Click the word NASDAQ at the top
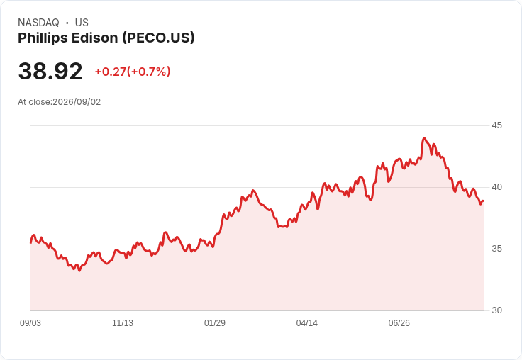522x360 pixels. click(x=38, y=23)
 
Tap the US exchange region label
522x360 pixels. click(x=82, y=23)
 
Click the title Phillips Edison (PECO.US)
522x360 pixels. click(x=106, y=38)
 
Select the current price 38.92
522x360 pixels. click(x=50, y=71)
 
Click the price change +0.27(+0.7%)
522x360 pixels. click(x=133, y=72)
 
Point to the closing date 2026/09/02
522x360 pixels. click(x=77, y=102)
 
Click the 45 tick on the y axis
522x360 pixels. click(x=496, y=125)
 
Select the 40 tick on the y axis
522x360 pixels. click(x=496, y=187)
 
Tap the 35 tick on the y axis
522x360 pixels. click(x=496, y=249)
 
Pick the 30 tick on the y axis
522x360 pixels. click(x=496, y=310)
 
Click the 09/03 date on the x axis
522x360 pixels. click(x=30, y=322)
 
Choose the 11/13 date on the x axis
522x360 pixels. click(x=123, y=322)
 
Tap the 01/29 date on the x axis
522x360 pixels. click(x=215, y=322)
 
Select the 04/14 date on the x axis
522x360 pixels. click(x=306, y=322)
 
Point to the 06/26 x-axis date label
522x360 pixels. click(x=399, y=322)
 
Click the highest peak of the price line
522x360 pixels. click(x=424, y=138)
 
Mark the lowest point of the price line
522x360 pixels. click(x=79, y=271)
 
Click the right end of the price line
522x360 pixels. click(x=484, y=201)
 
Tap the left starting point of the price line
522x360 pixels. click(x=31, y=242)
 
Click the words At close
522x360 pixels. click(x=34, y=102)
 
